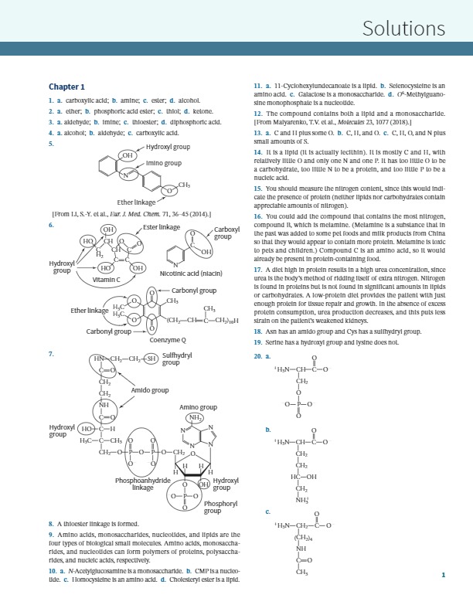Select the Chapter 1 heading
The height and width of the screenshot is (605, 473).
pos(66,87)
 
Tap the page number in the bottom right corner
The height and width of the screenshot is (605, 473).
pos(443,575)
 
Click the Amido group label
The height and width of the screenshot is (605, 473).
pos(149,390)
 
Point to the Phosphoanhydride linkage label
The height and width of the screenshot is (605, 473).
pos(142,484)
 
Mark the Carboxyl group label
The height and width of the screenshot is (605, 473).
pos(226,233)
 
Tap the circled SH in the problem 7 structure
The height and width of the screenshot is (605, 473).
pos(151,359)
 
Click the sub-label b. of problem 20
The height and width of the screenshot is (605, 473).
pos(267,429)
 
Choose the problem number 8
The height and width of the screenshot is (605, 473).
pos(50,523)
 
